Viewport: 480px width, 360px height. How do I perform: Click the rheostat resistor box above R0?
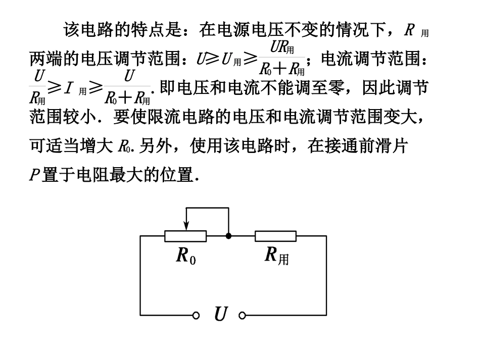(185, 236)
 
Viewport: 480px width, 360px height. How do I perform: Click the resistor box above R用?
(275, 236)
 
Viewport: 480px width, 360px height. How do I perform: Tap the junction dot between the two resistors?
(228, 236)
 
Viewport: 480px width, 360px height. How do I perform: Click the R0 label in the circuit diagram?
(185, 255)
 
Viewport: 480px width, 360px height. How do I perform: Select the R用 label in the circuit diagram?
(277, 255)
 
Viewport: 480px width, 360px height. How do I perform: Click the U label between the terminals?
(220, 315)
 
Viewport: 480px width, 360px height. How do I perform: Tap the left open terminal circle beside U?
(197, 316)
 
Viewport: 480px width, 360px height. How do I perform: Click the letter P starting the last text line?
(33, 176)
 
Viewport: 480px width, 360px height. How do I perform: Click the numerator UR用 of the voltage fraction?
(282, 48)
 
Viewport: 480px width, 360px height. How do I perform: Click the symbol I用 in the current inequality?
(75, 89)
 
